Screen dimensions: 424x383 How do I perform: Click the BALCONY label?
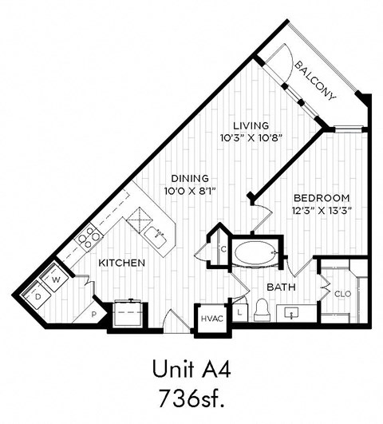click(x=315, y=79)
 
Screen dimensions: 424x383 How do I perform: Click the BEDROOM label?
click(x=322, y=197)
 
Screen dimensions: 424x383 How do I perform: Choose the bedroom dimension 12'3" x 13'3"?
click(x=322, y=210)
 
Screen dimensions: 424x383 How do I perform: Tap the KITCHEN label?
click(x=121, y=263)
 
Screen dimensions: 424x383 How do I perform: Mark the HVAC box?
click(x=211, y=319)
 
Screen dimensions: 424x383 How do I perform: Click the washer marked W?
click(x=57, y=280)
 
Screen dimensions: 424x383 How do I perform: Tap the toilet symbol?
click(x=263, y=310)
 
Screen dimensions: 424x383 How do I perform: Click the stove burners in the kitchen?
click(x=89, y=236)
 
